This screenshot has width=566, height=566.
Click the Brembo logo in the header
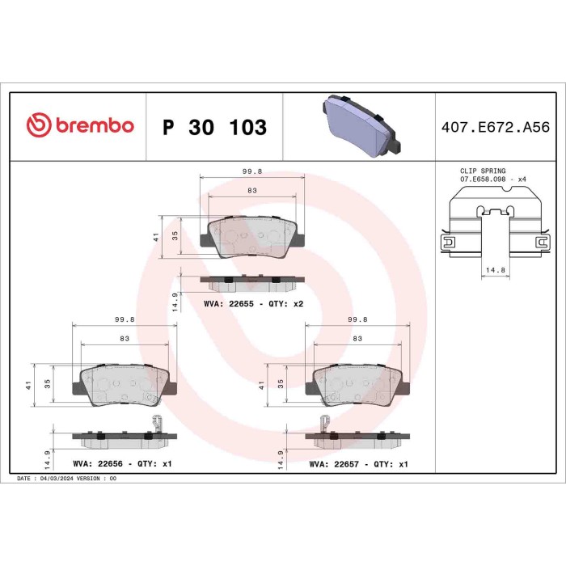tap(79, 126)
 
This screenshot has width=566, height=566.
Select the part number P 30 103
tap(214, 128)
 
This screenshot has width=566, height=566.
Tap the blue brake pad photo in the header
tap(359, 126)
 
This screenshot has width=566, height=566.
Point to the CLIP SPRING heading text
tap(482, 171)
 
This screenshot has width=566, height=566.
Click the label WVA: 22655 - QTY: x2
tap(253, 303)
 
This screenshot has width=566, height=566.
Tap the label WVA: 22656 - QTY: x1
tap(122, 464)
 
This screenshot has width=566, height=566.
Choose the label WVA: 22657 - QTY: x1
tap(359, 465)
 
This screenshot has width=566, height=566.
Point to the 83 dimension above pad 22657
tap(357, 338)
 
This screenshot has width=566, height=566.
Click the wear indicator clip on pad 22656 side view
tap(158, 423)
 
